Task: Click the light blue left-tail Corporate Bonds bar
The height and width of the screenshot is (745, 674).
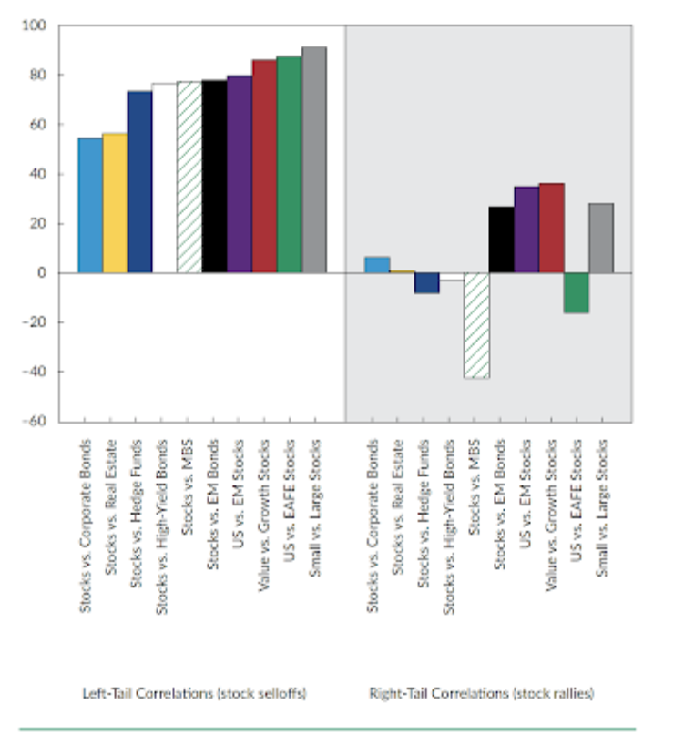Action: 90,205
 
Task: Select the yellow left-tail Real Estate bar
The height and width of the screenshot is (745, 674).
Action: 115,203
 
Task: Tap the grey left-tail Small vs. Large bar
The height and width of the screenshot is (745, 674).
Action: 314,159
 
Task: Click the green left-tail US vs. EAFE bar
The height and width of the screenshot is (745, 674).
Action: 289,164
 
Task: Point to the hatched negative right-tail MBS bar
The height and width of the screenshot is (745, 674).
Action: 476,325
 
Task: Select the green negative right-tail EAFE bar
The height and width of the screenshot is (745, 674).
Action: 576,292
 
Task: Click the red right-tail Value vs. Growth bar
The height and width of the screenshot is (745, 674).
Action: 551,228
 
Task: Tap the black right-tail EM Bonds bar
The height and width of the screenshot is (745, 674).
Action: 501,240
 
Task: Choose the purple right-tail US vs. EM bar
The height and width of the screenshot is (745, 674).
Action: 526,230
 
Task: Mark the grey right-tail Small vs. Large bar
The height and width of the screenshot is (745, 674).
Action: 601,238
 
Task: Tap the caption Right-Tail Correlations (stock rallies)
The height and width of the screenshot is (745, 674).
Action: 481,693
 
